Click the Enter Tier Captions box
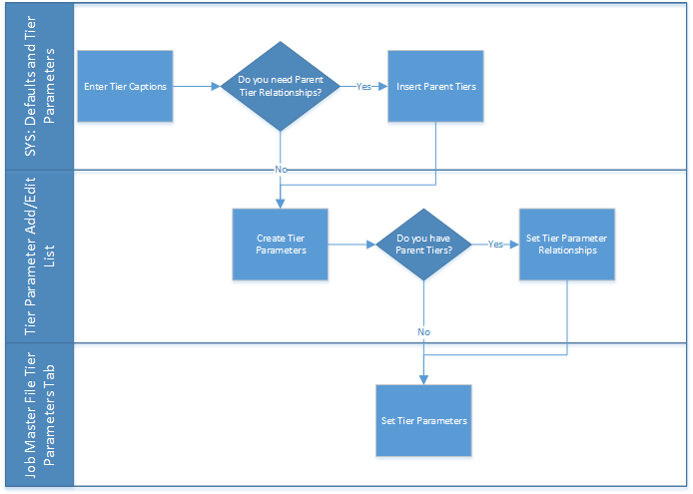(x=125, y=87)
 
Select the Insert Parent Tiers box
(x=435, y=87)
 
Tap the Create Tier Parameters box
(x=282, y=245)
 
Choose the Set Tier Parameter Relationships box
(x=566, y=245)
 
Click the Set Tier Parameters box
(x=424, y=421)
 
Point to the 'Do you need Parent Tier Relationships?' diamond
(x=282, y=87)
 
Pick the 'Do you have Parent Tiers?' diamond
(x=423, y=245)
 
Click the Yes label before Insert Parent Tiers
(x=364, y=87)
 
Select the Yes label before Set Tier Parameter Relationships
(x=495, y=245)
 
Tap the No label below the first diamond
(x=282, y=170)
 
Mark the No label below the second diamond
(x=424, y=331)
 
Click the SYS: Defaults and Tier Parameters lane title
(x=38, y=87)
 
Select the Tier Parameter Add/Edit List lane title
(x=38, y=256)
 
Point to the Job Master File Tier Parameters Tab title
(x=38, y=415)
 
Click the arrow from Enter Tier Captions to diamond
(x=198, y=87)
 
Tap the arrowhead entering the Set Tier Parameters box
(x=424, y=379)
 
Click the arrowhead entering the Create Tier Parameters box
(x=282, y=204)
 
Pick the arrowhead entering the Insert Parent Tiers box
(x=383, y=87)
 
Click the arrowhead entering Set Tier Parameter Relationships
(x=513, y=245)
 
